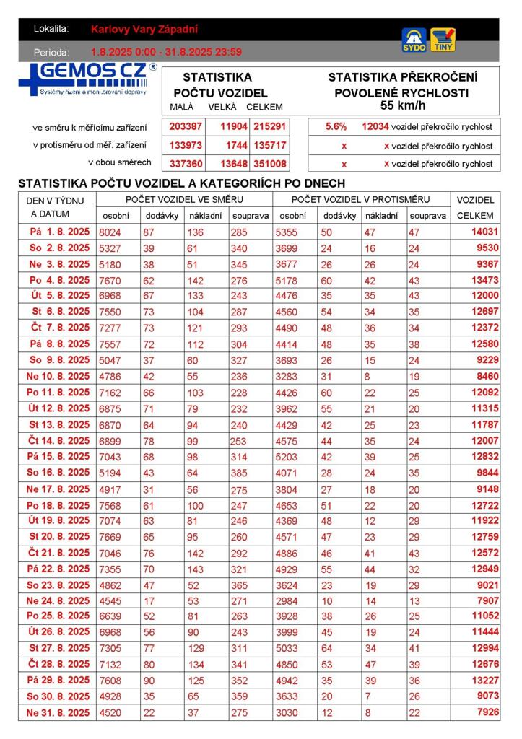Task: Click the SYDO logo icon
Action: [x=414, y=40]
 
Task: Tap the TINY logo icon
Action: [x=443, y=40]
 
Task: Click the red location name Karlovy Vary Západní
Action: [x=144, y=30]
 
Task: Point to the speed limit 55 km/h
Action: [x=402, y=105]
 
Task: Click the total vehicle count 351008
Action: [x=269, y=163]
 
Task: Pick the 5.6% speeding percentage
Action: [x=336, y=126]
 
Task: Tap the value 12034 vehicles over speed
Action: [x=375, y=126]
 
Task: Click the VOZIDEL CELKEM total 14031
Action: [x=485, y=232]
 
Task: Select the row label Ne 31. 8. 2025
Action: [x=58, y=712]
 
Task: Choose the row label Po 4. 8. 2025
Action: [x=58, y=280]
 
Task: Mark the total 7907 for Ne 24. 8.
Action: [x=485, y=600]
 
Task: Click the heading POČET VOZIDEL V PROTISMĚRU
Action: [x=360, y=199]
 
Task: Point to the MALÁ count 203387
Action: [x=186, y=126]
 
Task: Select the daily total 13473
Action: [x=485, y=280]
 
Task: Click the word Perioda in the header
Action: [x=51, y=52]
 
